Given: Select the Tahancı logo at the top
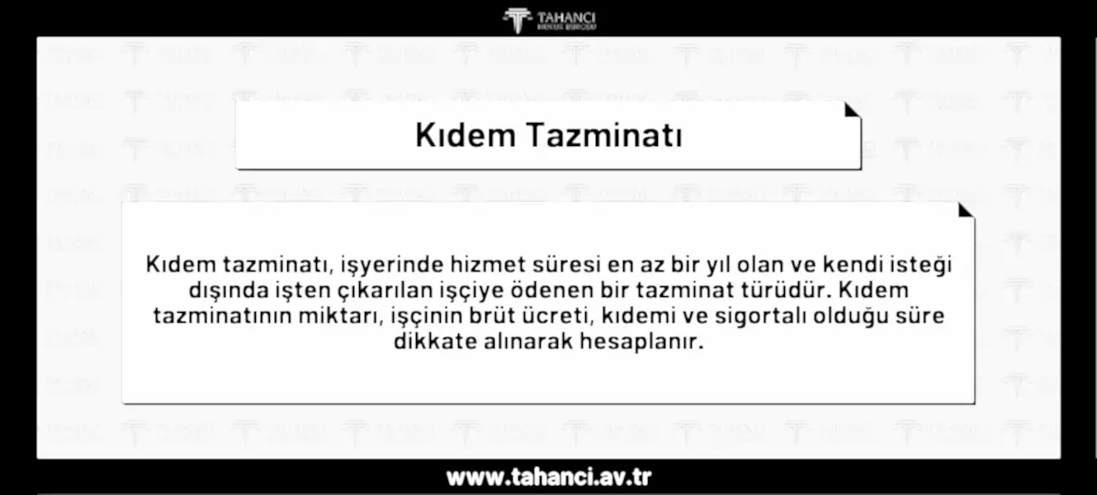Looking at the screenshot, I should point(549,20).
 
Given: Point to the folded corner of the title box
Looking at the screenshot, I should point(852,110).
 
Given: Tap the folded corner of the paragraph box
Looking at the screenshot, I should point(965,210).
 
